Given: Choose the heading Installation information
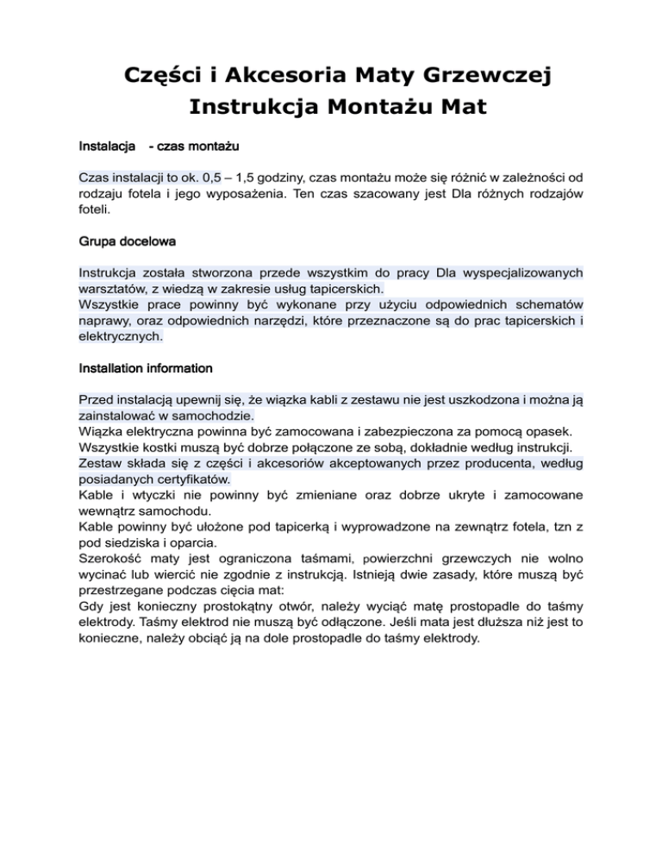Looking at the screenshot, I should pyautogui.click(x=145, y=368).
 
